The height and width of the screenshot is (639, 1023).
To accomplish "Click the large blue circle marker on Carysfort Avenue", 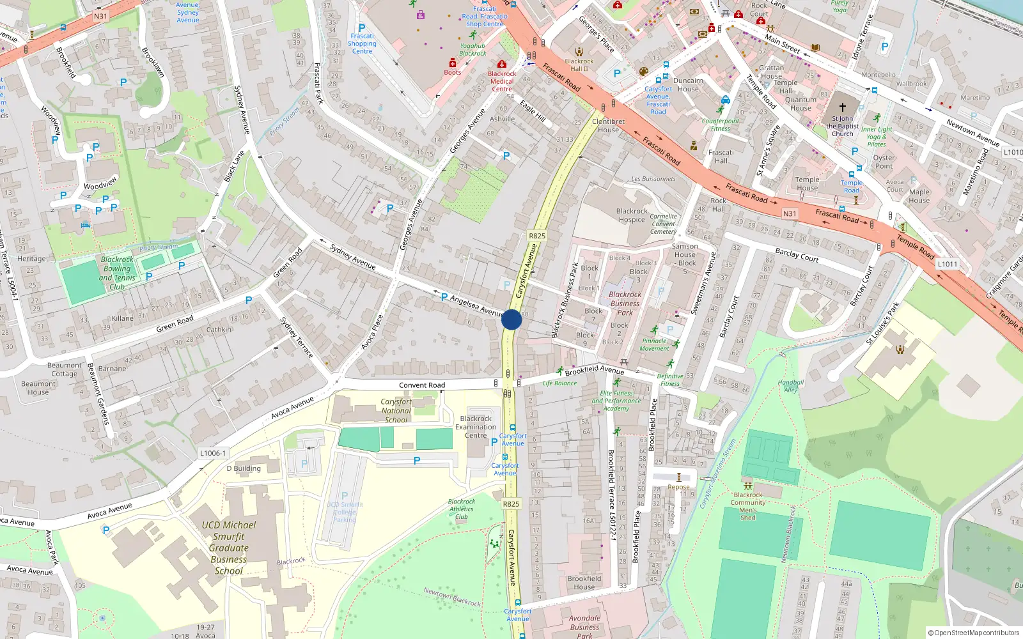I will click(x=511, y=319).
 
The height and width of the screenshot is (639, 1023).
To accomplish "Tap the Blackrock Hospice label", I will click(x=632, y=215).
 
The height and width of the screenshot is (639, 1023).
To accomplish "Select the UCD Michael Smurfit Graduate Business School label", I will click(x=228, y=548).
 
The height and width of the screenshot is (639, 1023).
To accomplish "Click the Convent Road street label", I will click(x=422, y=385).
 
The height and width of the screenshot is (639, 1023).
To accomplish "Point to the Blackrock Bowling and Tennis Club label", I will click(x=117, y=273).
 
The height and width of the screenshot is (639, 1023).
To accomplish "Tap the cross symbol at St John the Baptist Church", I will click(x=842, y=107).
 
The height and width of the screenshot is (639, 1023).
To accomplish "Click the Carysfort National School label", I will click(x=396, y=411).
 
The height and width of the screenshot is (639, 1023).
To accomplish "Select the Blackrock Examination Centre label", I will click(x=476, y=427).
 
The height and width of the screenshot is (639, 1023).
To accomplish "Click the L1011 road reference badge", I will click(x=948, y=264).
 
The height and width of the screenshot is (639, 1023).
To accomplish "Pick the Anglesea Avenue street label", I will click(x=477, y=307).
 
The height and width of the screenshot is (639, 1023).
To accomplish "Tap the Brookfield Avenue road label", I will click(x=594, y=370).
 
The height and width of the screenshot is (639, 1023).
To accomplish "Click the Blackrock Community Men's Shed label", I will click(x=748, y=506).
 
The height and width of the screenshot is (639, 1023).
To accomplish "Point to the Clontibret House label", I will click(x=608, y=125).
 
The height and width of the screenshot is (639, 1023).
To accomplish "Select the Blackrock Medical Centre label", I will click(x=502, y=81).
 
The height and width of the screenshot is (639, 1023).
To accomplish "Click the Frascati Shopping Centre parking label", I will click(x=362, y=43).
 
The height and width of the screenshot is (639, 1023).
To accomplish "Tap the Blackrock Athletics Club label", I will click(x=462, y=509).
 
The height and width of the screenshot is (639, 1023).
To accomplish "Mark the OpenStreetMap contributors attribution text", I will click(x=973, y=633).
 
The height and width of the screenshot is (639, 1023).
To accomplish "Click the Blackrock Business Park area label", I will click(x=625, y=304).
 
